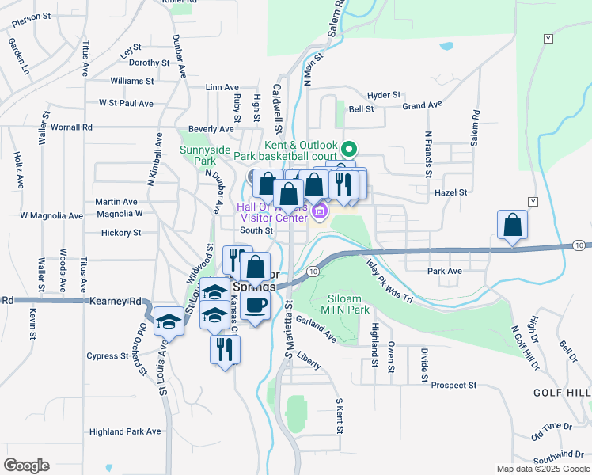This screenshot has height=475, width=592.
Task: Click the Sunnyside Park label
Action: (204, 154)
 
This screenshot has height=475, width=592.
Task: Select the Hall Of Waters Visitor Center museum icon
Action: (320, 211)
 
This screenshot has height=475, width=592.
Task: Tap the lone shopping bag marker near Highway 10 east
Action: (513, 225)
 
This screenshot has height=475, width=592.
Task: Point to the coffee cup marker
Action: (254, 306)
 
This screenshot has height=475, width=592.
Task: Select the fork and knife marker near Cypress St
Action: (224, 348)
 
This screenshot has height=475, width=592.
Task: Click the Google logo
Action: (26, 465)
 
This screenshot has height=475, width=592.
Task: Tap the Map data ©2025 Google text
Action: (542, 469)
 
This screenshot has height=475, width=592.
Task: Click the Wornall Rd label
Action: (71, 127)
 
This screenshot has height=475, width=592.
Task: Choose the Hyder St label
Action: (385, 95)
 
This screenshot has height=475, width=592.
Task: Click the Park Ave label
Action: (444, 271)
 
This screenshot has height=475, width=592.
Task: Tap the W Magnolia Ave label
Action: (51, 215)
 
